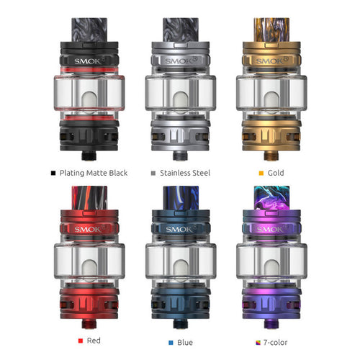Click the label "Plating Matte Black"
94,173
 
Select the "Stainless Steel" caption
185,173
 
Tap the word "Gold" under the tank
276,173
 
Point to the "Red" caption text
94,341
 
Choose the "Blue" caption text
185,342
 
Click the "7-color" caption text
275,342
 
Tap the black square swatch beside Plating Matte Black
53,173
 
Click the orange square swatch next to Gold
261,173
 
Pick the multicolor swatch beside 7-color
258,343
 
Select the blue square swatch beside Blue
171,343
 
